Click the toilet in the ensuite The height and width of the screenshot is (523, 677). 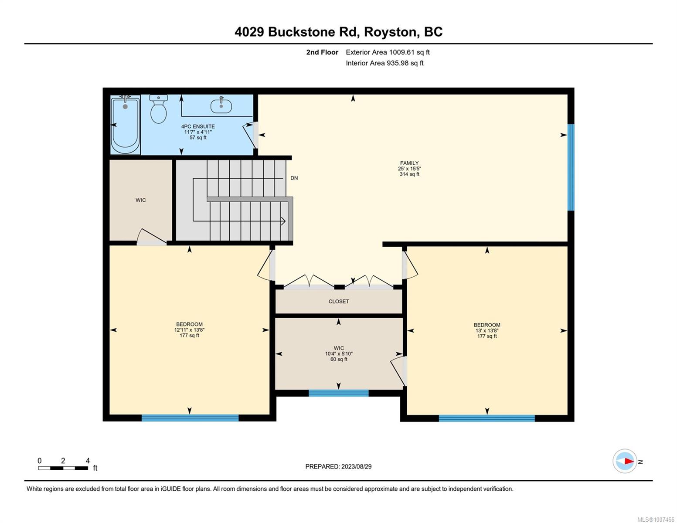(158, 109)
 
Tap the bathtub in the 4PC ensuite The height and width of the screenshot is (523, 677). (125, 125)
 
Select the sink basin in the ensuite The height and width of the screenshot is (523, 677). (221, 105)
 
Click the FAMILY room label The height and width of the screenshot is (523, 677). (409, 163)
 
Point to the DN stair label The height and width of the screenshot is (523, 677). (294, 178)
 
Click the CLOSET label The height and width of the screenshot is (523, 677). (339, 301)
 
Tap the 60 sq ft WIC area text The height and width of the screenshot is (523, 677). (339, 359)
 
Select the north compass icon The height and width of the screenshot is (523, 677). (624, 461)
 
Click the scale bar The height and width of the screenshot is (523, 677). (63, 468)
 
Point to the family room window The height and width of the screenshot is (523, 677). (571, 167)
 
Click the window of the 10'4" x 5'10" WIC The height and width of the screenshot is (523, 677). (338, 393)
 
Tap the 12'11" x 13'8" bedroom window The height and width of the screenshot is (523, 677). (190, 418)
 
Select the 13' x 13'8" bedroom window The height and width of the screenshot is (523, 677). (486, 418)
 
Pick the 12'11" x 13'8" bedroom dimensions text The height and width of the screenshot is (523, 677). (190, 330)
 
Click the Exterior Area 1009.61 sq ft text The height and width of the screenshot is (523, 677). (388, 52)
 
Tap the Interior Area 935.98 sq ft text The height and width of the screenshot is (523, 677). (384, 63)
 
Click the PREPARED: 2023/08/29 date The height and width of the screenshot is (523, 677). (338, 467)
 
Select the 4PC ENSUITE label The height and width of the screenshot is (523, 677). (198, 126)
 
